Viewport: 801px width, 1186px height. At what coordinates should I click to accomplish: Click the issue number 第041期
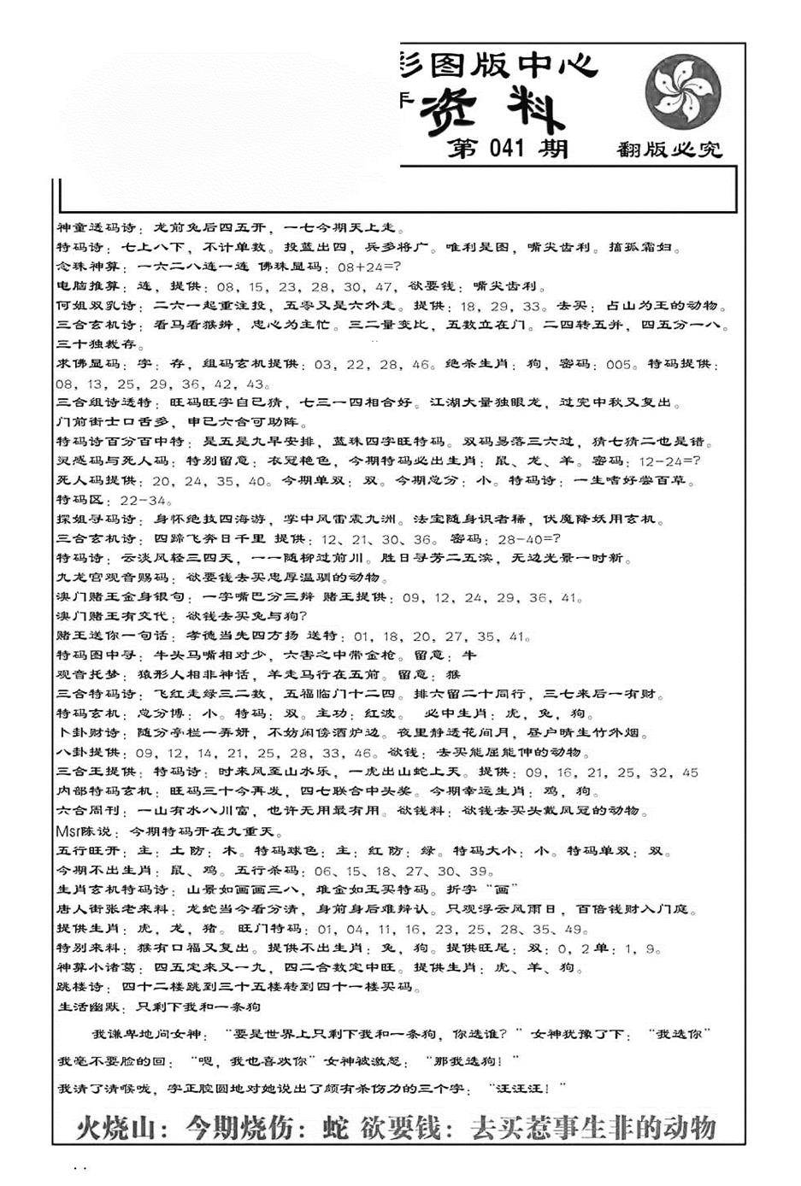tap(508, 149)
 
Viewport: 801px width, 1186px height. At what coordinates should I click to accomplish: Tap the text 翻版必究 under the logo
tap(669, 151)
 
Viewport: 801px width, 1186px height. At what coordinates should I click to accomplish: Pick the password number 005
tap(618, 365)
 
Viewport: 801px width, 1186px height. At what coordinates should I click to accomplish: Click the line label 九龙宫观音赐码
tap(114, 578)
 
